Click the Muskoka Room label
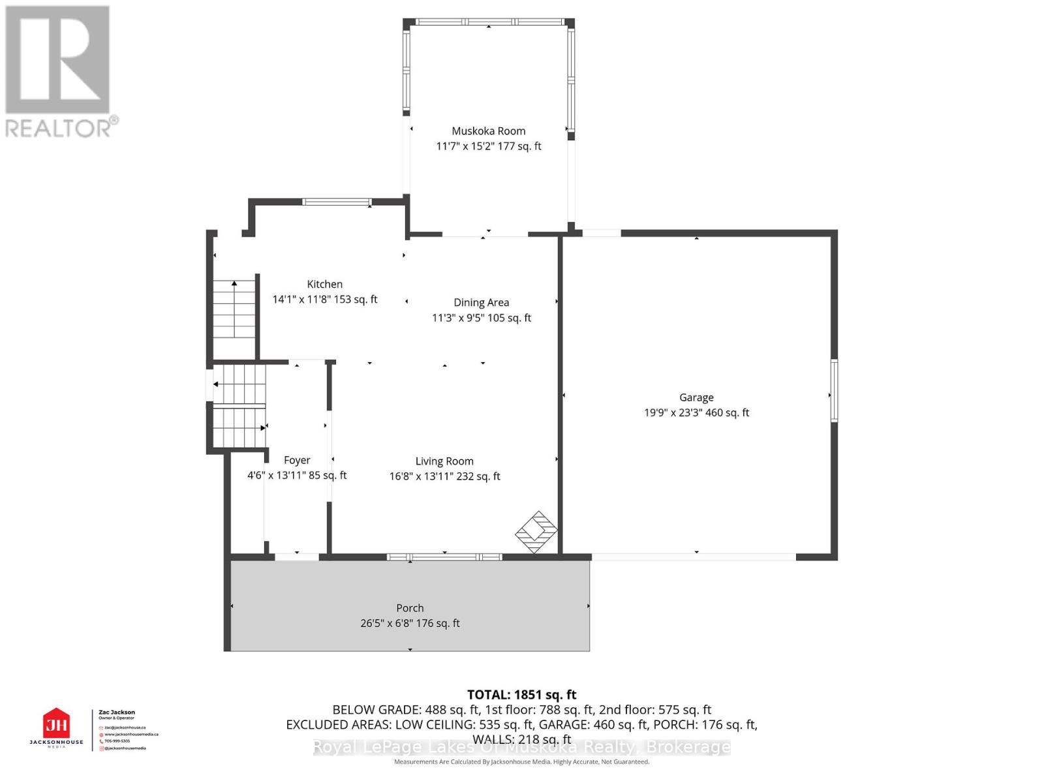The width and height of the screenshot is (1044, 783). (x=488, y=131)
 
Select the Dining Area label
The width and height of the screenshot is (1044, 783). (x=481, y=303)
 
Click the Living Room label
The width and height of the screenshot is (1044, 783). (x=444, y=461)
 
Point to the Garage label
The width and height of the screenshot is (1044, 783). (x=696, y=397)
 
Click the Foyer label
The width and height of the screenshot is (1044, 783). (x=297, y=460)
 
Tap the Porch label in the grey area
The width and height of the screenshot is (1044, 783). (x=410, y=608)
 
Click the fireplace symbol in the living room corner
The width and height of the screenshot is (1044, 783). (x=536, y=532)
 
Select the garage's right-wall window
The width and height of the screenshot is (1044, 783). (x=834, y=390)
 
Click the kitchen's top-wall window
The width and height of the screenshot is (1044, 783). (x=337, y=202)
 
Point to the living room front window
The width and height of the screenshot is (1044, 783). (x=444, y=557)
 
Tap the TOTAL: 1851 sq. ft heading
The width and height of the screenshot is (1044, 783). (x=521, y=695)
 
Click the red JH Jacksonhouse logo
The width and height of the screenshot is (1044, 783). (x=56, y=725)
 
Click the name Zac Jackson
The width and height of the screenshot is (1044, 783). (x=117, y=713)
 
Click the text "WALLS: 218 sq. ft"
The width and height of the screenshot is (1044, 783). (x=521, y=739)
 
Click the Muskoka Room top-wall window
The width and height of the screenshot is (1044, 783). (x=489, y=22)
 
